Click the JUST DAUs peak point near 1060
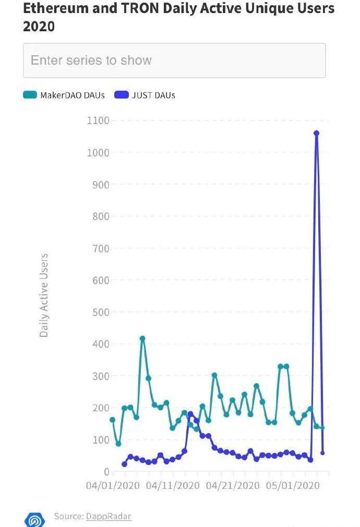click(316, 133)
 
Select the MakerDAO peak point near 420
click(142, 338)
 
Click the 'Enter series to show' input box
click(174, 60)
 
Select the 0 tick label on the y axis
click(106, 472)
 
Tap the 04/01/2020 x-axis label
click(113, 486)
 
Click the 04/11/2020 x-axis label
click(173, 486)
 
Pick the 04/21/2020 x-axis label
click(233, 486)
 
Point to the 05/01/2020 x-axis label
click(293, 486)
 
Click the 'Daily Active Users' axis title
click(44, 295)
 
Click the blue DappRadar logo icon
click(35, 519)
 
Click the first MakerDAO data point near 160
click(112, 420)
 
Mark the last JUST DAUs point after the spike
click(322, 453)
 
